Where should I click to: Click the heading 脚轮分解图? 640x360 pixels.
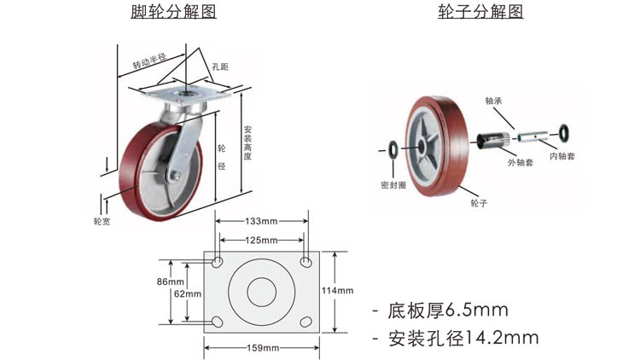tap(174, 12)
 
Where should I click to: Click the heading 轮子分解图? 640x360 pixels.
tap(480, 12)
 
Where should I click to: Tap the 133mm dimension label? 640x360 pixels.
tap(262, 221)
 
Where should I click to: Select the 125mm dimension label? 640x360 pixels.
tap(262, 240)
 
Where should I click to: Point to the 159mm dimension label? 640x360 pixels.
tap(261, 347)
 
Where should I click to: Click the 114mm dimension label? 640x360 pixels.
tap(336, 291)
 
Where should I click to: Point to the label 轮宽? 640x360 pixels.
tap(102, 221)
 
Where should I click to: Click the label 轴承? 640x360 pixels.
tap(494, 100)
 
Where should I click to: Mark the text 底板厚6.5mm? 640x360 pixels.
tap(448, 309)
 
